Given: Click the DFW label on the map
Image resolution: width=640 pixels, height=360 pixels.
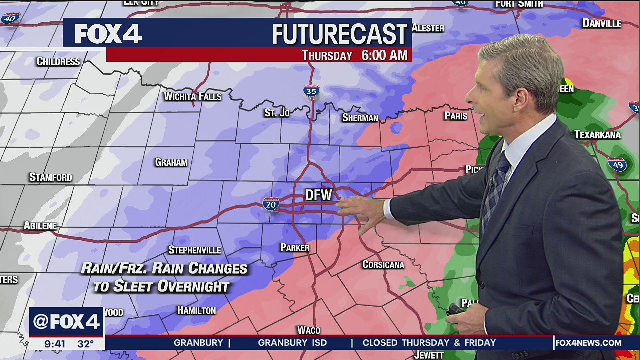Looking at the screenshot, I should click(x=318, y=195).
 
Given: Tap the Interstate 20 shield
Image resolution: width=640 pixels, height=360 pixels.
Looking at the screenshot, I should click(x=271, y=203).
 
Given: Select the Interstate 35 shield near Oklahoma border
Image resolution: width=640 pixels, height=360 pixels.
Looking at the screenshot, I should click(x=311, y=91).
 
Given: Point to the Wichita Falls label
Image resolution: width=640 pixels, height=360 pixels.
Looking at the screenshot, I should click(x=193, y=96).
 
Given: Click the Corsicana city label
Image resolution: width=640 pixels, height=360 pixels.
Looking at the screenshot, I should click(x=383, y=264).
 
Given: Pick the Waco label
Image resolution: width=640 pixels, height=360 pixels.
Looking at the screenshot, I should click(x=308, y=330).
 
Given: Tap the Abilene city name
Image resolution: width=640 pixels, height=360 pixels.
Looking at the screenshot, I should click(x=40, y=226).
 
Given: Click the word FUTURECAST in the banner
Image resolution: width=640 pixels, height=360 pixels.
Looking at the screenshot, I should click(x=340, y=34).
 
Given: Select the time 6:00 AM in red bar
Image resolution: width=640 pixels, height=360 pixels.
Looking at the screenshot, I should click(x=384, y=55).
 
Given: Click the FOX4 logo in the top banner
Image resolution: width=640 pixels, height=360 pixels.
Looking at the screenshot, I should click(x=108, y=34).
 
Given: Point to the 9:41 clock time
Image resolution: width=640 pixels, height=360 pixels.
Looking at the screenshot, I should click(x=55, y=344).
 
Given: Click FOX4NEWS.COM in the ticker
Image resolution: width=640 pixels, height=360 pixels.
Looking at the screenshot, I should click(x=588, y=343).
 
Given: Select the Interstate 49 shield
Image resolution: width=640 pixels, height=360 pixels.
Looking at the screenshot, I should click(x=618, y=164).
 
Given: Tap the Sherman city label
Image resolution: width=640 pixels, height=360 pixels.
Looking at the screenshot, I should click(x=360, y=118).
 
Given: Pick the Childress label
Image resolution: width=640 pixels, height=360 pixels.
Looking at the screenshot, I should click(x=58, y=62).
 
